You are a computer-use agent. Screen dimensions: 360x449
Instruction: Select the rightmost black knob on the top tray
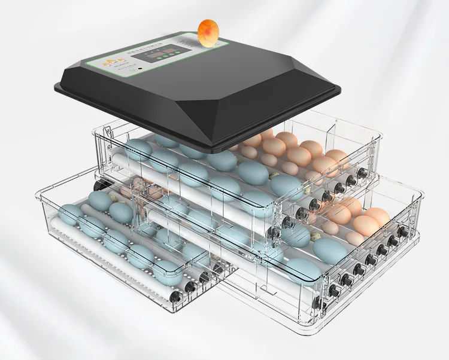click(362, 173)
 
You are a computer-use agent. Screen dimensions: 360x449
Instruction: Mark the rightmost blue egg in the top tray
click(287, 186)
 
